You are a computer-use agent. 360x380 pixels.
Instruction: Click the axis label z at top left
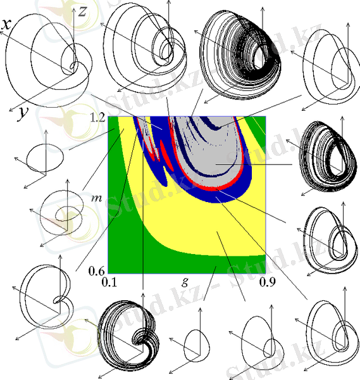tap(82, 11)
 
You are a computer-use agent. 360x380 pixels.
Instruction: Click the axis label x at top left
tap(6, 24)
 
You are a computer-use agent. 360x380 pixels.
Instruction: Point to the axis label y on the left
tap(22, 113)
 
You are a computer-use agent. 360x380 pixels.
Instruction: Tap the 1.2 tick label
tap(97, 117)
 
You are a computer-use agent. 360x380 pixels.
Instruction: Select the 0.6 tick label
tap(97, 270)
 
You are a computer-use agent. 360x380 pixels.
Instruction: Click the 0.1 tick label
tap(109, 282)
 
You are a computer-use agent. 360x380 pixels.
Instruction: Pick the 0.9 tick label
tap(268, 282)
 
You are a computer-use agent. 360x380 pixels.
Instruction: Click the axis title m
tap(97, 198)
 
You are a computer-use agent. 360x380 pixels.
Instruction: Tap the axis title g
tap(185, 282)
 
